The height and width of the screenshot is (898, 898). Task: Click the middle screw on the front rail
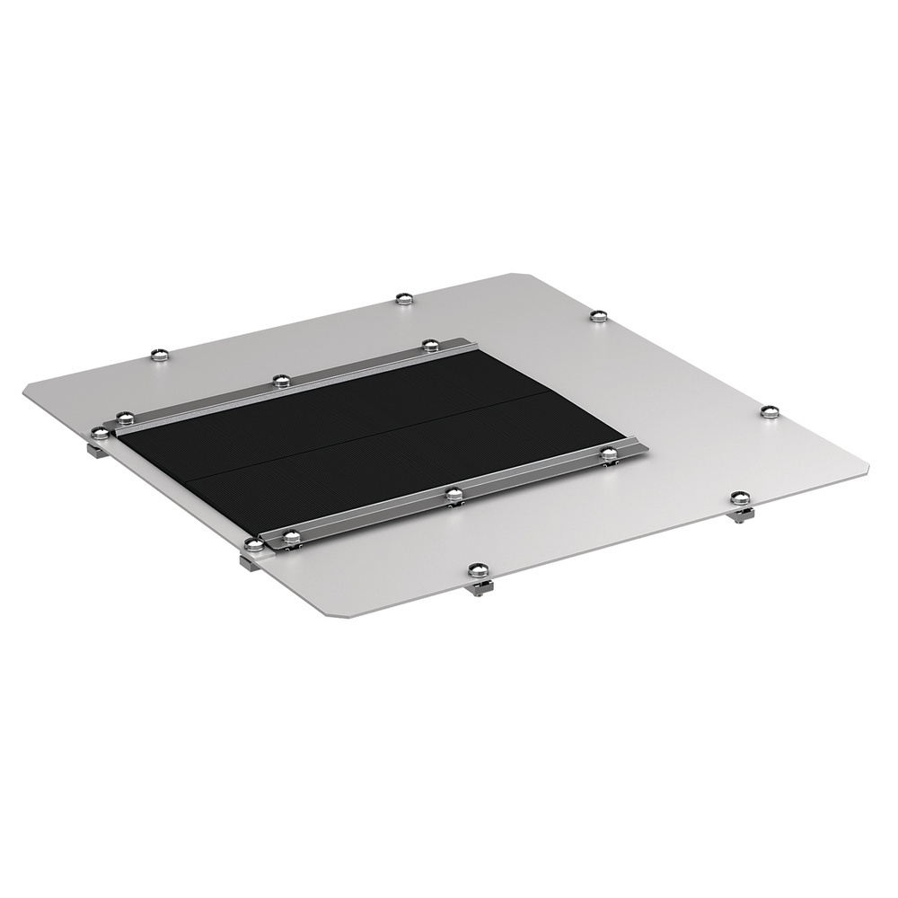pos(453,493)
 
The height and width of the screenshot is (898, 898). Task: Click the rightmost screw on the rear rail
pos(430,345)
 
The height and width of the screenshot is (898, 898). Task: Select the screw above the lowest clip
pos(476,568)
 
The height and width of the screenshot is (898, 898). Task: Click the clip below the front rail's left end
pos(249,561)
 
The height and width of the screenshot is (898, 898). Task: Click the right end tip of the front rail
pos(643,445)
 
